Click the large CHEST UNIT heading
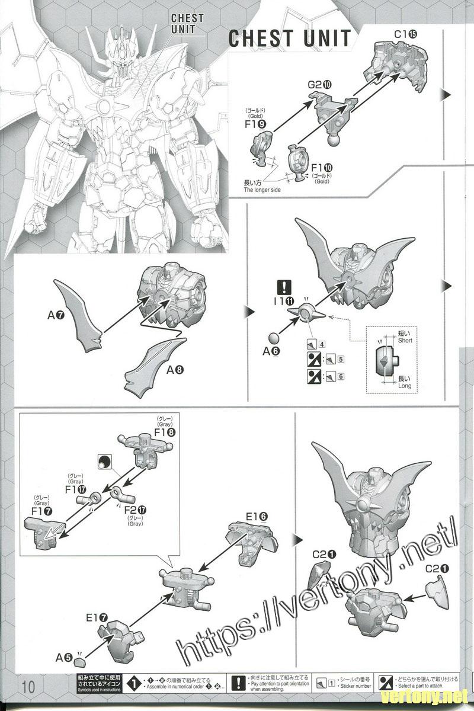(x=289, y=38)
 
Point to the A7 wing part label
(x=56, y=316)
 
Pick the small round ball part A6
(x=274, y=337)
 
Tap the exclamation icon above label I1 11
(x=285, y=287)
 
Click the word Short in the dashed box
(x=405, y=341)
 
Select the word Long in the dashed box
(x=405, y=386)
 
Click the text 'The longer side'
(x=262, y=190)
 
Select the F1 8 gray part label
(x=164, y=432)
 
